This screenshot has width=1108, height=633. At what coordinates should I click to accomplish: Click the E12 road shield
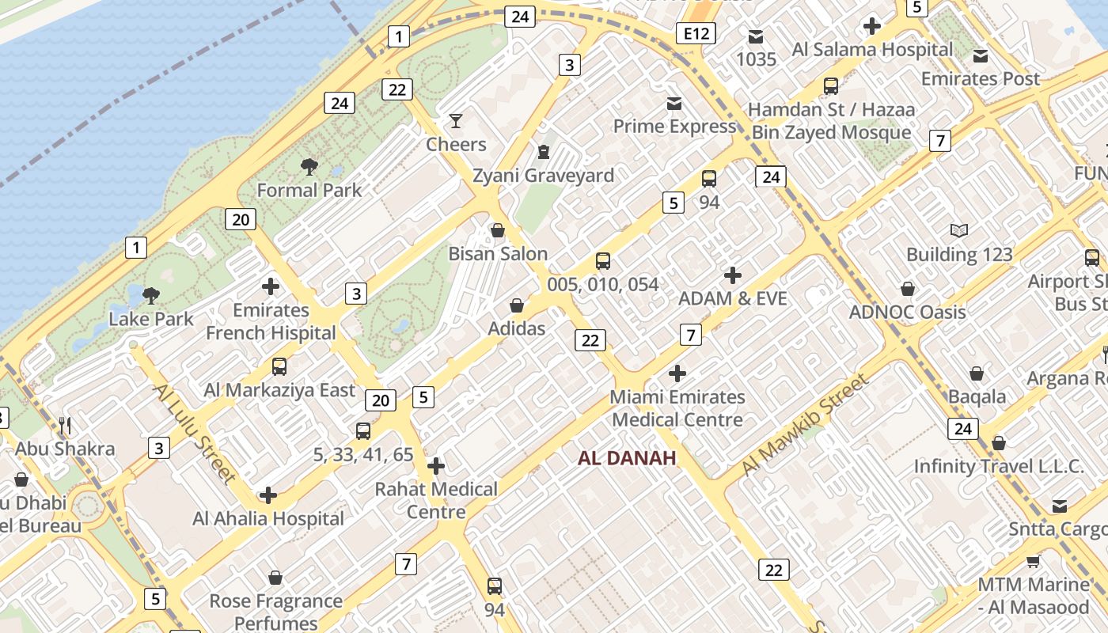[x=696, y=33]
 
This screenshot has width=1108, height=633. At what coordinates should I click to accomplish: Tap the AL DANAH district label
[x=627, y=458]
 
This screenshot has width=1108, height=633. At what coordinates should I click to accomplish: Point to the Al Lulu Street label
[x=194, y=433]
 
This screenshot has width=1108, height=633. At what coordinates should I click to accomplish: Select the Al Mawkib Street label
[x=805, y=424]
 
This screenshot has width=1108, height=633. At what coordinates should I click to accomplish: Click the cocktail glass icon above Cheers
[x=456, y=121]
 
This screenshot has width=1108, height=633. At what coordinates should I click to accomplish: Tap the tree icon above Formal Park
[x=309, y=167]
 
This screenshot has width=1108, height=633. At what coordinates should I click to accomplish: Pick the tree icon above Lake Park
[x=150, y=297]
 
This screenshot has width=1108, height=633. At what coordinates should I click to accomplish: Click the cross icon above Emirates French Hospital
[x=271, y=286]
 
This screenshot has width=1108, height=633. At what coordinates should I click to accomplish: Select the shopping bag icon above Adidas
[x=517, y=305]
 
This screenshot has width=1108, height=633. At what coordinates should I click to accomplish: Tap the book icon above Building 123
[x=959, y=231]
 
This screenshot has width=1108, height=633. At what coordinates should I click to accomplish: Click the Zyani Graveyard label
[x=543, y=176]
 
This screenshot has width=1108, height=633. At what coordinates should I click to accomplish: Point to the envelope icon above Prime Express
[x=674, y=104]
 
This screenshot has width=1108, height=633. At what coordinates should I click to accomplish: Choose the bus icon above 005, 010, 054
[x=603, y=261]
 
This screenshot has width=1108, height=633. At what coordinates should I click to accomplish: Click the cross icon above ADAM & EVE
[x=733, y=275]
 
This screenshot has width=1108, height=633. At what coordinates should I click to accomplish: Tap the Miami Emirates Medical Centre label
[x=677, y=408]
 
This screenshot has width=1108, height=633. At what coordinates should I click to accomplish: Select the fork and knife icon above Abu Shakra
[x=66, y=426]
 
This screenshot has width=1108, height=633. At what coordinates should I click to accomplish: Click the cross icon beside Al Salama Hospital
[x=872, y=26]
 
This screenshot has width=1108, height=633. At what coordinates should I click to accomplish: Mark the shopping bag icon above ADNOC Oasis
[x=908, y=289]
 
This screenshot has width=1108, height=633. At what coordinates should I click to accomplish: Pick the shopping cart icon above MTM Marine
[x=1033, y=562]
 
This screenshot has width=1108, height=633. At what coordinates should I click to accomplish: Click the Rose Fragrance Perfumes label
[x=275, y=612]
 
